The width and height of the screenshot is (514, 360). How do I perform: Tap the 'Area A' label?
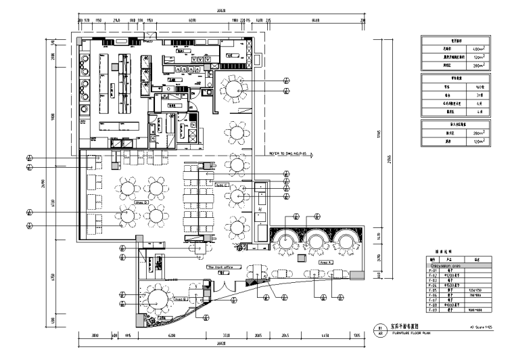tap(325, 261)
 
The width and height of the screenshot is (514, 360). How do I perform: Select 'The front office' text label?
tap(220, 267)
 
